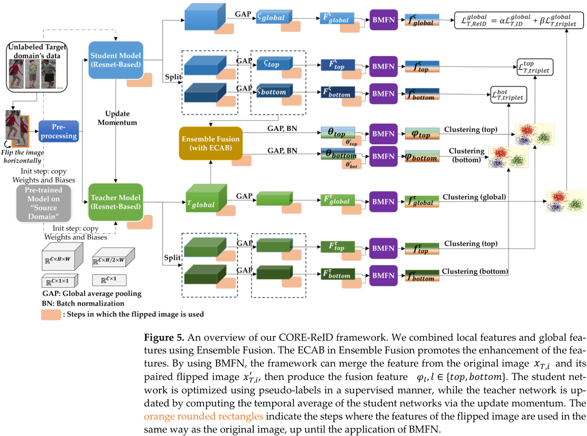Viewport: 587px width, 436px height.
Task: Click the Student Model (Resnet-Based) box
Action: pos(116,60)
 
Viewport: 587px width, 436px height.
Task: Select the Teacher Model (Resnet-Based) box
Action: pos(116,202)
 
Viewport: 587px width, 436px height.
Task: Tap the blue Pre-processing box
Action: pos(59,131)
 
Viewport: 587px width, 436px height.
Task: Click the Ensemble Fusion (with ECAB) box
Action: pos(210,143)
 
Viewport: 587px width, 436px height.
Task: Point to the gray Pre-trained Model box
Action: pos(44,203)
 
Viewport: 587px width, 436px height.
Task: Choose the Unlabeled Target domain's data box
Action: pos(37,67)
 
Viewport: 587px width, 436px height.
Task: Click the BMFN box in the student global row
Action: pos(383,20)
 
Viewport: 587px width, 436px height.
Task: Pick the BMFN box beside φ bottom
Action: pos(383,156)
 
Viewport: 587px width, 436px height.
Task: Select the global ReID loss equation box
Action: pos(519,20)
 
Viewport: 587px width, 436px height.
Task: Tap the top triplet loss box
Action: pos(534,67)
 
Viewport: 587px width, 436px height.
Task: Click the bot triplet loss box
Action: pos(509,95)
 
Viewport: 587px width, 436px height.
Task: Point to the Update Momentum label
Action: pos(117,118)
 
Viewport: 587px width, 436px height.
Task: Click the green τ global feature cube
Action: pos(206,199)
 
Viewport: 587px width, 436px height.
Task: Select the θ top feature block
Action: pos(338,133)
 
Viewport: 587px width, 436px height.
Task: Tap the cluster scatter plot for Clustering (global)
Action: pos(566,201)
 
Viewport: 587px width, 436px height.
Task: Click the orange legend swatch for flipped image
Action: pos(51,315)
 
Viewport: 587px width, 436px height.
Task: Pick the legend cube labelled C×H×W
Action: pos(62,257)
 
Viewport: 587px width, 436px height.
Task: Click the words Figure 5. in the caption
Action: pos(164,338)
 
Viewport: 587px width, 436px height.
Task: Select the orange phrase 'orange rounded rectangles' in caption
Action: pos(203,416)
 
